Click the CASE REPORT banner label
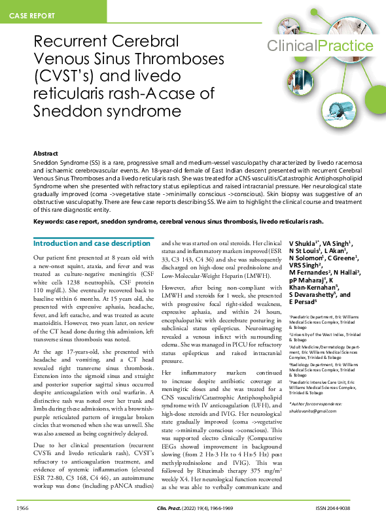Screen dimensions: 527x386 click(x=32, y=14)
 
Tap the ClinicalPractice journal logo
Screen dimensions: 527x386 click(x=319, y=45)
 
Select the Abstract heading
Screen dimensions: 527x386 click(x=46, y=152)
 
